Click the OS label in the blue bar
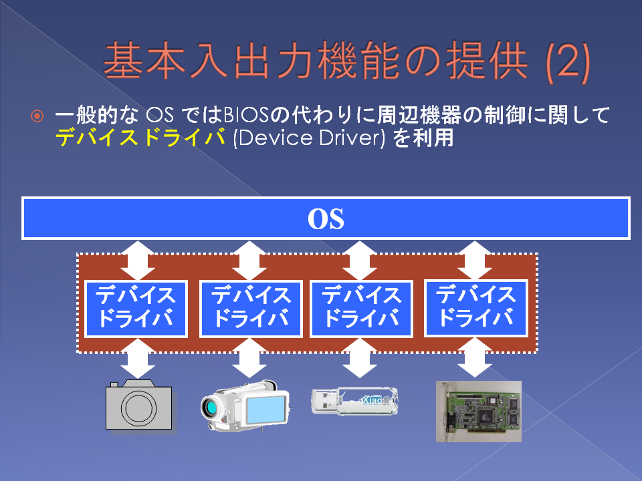326,219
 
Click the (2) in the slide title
568,62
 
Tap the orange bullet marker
37,116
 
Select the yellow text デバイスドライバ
140,137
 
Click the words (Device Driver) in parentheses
309,138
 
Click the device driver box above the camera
136,309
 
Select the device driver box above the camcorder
251,309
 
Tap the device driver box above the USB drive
362,309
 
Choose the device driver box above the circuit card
475,308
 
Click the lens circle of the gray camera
138,408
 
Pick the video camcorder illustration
245,406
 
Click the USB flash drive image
354,402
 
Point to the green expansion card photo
479,412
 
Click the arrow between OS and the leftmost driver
138,261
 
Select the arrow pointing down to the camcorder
249,358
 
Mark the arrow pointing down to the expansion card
475,357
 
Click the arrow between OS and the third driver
360,261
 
